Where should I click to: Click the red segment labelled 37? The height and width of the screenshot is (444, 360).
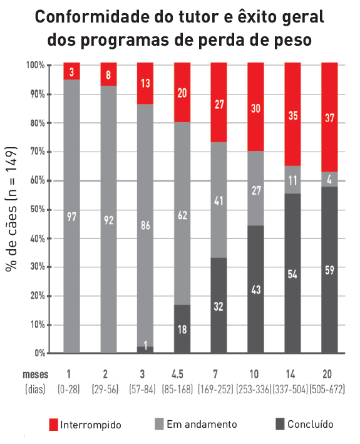[x=329, y=116]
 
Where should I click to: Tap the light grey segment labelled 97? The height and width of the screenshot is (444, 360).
[x=72, y=216]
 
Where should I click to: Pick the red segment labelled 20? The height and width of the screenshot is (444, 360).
[x=182, y=93]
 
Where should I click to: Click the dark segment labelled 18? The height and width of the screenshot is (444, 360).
[x=182, y=329]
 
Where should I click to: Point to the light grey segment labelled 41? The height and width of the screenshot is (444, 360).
[x=219, y=202]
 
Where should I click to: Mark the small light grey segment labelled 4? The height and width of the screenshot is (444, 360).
[x=329, y=178]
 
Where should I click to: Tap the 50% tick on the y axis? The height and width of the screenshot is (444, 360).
[x=36, y=210]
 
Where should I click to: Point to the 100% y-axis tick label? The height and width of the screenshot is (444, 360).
[x=34, y=65]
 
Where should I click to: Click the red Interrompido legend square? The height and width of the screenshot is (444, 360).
[x=54, y=425]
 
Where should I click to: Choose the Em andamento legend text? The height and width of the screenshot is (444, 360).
[x=202, y=425]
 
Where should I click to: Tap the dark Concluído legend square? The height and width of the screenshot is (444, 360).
[x=280, y=425]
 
